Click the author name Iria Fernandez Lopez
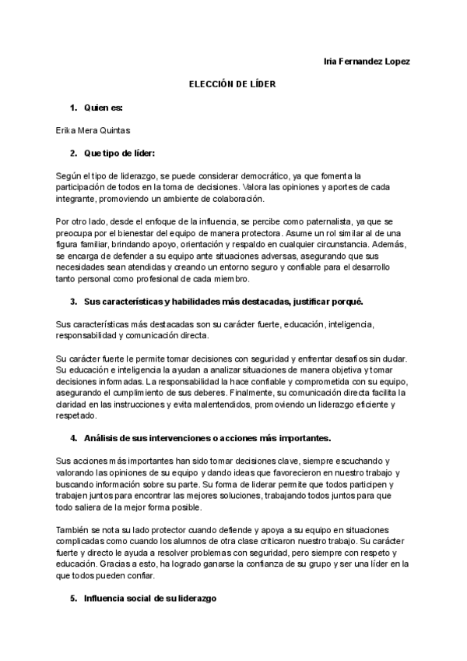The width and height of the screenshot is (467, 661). [366, 62]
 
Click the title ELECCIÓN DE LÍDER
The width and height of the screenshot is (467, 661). [233, 84]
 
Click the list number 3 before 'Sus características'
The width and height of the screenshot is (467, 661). [72, 301]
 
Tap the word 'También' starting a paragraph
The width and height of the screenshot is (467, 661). [73, 529]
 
